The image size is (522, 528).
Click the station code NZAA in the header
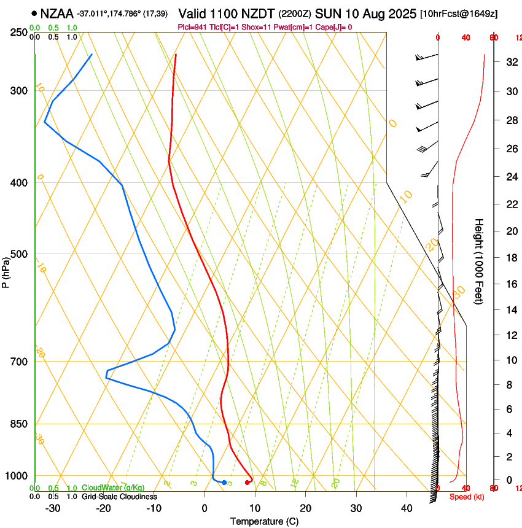click(x=57, y=13)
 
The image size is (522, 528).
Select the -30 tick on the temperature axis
click(x=53, y=508)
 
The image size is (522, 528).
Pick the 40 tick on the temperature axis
click(x=406, y=508)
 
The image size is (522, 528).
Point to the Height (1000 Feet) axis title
click(x=480, y=261)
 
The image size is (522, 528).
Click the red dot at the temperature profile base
click(x=247, y=483)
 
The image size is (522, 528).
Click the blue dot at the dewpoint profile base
click(x=224, y=483)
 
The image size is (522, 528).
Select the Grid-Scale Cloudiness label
click(x=119, y=497)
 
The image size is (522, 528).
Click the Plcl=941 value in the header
click(x=192, y=27)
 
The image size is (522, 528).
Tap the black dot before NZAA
click(x=34, y=13)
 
